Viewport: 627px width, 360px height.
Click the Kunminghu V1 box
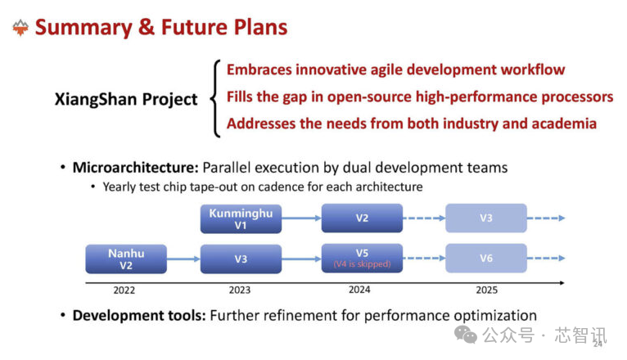[241, 218]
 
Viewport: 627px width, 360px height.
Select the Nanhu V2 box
[126, 259]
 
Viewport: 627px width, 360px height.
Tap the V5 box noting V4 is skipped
[362, 258]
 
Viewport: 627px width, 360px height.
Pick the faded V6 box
[486, 258]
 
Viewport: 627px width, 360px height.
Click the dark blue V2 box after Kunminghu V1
[362, 218]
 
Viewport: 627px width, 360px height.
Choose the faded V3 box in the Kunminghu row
[486, 218]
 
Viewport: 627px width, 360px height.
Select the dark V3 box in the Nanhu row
[241, 259]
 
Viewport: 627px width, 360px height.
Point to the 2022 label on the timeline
[124, 290]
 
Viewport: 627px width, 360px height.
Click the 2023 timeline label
[240, 290]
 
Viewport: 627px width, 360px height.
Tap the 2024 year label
[359, 290]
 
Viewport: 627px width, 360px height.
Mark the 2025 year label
[487, 290]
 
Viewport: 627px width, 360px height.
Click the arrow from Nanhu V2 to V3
[183, 259]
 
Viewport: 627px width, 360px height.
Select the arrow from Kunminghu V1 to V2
[301, 218]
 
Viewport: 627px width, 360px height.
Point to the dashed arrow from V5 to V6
[424, 258]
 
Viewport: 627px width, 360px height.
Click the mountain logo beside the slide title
[20, 28]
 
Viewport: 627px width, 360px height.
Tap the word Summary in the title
[83, 28]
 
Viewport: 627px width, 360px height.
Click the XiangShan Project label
[126, 99]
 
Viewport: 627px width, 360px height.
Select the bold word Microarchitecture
[136, 168]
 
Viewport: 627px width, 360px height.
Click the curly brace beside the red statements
[215, 98]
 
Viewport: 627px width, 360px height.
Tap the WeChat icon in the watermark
[466, 335]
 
